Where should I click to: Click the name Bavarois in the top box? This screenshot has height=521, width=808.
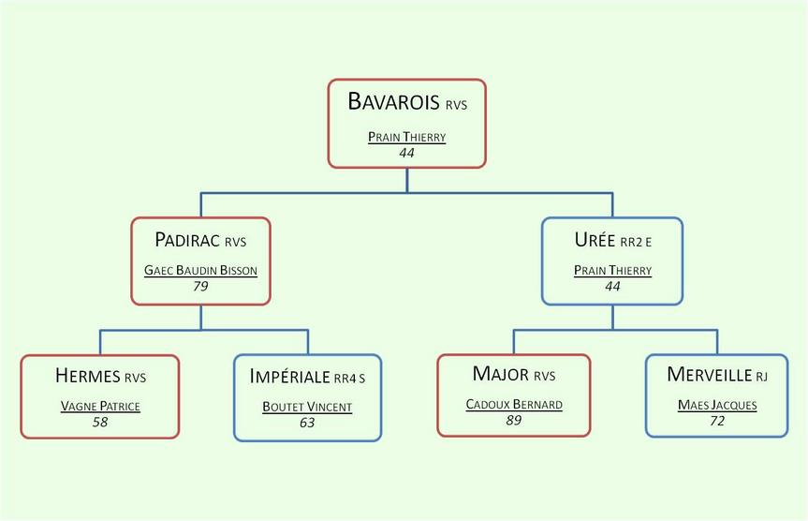393,101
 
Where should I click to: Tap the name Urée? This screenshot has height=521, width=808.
595,239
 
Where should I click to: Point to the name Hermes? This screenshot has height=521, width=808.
88,376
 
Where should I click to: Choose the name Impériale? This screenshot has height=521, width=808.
289,376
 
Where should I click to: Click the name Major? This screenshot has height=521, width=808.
500,374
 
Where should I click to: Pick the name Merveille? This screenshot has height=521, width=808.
709,374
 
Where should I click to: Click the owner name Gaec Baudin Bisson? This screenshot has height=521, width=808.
200,270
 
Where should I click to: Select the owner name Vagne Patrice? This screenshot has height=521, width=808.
100,406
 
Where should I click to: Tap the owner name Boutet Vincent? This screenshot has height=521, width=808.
307,407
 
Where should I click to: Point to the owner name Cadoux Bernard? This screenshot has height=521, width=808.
514,405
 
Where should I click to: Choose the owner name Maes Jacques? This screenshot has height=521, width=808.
717,406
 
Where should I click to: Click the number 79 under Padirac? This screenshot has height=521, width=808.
200,286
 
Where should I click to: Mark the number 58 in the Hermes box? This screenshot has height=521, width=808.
100,422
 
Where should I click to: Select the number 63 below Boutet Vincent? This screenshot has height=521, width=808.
307,423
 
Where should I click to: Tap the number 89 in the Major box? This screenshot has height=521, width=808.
514,421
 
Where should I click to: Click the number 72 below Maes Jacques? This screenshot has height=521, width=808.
717,421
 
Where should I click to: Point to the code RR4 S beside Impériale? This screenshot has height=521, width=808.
350,379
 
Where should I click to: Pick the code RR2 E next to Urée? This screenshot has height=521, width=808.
636,242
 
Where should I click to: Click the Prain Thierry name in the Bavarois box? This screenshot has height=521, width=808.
406,137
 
